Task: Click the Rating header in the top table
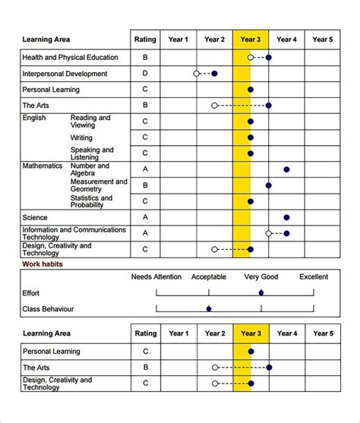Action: point(145,39)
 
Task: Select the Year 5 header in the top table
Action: point(323,39)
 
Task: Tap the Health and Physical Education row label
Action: point(70,58)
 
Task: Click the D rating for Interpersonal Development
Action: point(145,74)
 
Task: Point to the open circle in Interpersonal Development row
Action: point(197,74)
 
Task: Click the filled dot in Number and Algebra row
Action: point(286,169)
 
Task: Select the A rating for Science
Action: point(145,217)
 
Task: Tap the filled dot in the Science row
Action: point(286,217)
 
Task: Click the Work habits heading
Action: point(43,264)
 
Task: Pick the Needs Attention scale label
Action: point(156,277)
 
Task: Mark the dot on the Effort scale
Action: point(261,292)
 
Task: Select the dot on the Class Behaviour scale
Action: point(209,308)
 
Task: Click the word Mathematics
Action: point(43,166)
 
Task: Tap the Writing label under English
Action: point(81,138)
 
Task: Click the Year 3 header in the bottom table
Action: point(251,333)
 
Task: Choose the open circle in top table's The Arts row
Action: point(214,106)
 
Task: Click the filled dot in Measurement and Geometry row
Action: point(269,185)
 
